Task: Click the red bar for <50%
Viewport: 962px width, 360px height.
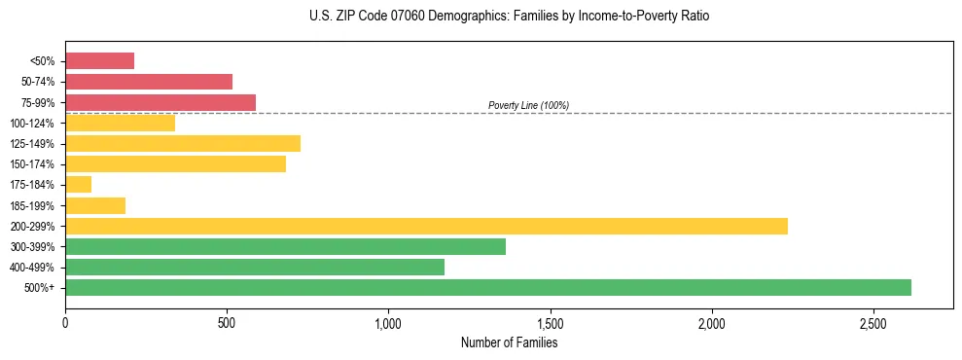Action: (x=99, y=61)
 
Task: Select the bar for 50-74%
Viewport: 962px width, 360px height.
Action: (x=149, y=82)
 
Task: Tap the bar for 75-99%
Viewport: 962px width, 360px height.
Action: (x=160, y=102)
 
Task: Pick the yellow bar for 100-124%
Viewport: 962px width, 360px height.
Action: (x=120, y=123)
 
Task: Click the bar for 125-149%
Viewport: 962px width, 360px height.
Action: (x=183, y=144)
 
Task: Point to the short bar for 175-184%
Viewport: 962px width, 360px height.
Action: (x=78, y=185)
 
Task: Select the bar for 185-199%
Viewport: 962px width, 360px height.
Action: (x=95, y=205)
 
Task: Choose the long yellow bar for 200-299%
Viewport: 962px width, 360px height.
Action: (x=426, y=226)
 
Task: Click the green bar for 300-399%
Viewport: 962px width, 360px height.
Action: (x=285, y=246)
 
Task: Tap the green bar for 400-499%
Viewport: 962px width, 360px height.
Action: (x=255, y=267)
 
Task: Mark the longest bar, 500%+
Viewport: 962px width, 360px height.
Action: (x=488, y=287)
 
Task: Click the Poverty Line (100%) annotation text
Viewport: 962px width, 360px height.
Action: (x=528, y=105)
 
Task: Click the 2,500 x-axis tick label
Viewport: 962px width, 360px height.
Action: (x=873, y=322)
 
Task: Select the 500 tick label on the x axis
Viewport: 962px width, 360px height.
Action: (x=227, y=322)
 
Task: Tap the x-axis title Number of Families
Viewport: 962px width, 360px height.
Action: (x=509, y=342)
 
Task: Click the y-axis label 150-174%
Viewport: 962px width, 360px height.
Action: (x=32, y=164)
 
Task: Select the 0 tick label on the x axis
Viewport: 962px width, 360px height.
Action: (x=65, y=322)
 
